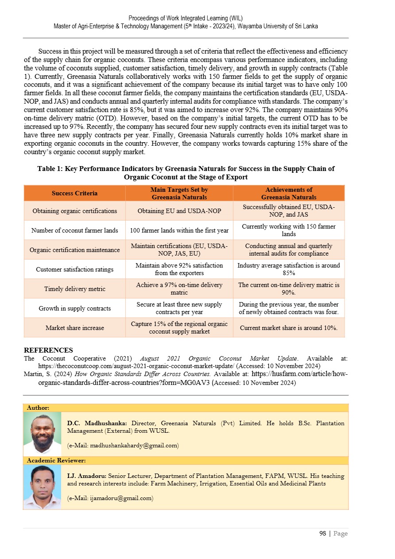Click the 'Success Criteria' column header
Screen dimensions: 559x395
tap(74, 193)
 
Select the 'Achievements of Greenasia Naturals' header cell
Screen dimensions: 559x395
tap(289, 193)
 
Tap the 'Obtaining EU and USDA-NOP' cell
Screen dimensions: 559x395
tap(179, 211)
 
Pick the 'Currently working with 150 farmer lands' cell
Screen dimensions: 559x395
tap(289, 230)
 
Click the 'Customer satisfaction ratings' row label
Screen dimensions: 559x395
tap(74, 269)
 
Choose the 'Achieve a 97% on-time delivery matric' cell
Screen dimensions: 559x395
tap(179, 289)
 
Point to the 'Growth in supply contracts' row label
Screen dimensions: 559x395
tap(74, 308)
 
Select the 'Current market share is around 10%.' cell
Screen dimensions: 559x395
tap(289, 328)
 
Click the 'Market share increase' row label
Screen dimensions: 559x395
tap(74, 328)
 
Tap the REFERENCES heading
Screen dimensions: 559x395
tap(48, 350)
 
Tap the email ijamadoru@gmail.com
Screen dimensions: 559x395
tap(111, 498)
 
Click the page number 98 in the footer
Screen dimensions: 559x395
tap(323, 534)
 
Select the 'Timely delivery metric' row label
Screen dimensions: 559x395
tap(74, 289)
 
